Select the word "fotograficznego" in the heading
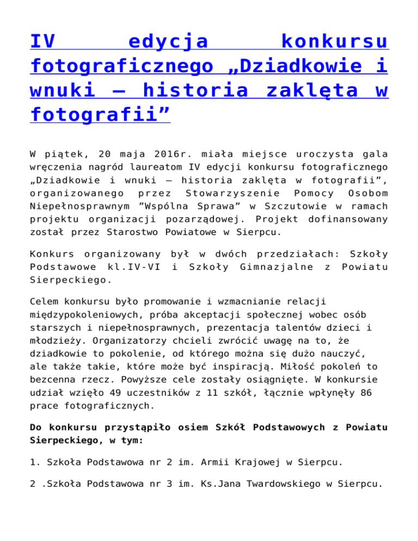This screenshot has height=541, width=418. tap(121, 66)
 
